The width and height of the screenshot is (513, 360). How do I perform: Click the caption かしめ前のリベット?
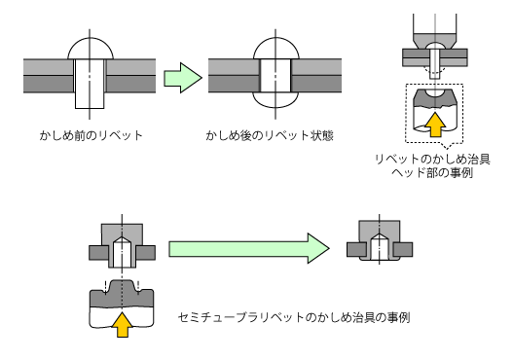(92, 135)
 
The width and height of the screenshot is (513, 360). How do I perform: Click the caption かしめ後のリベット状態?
(270, 135)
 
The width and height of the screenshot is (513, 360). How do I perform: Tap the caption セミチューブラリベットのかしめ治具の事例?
(294, 317)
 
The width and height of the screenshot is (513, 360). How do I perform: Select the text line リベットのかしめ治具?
(432, 160)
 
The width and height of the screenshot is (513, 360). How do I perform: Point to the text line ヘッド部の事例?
(432, 172)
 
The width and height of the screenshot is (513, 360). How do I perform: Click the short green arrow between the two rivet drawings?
(183, 78)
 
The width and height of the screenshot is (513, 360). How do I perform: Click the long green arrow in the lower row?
(249, 248)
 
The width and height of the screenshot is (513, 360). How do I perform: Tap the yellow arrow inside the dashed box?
(435, 125)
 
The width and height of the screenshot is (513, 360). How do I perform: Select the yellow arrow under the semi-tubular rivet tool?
(122, 324)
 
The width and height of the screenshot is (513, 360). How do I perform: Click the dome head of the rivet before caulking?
(91, 49)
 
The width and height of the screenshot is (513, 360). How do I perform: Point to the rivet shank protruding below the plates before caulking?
(90, 101)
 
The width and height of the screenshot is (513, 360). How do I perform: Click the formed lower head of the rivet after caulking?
(275, 99)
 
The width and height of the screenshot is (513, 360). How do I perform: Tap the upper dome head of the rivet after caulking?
(276, 49)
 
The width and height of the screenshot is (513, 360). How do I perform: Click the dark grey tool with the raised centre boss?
(122, 294)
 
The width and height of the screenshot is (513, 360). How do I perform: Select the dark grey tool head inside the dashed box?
(434, 97)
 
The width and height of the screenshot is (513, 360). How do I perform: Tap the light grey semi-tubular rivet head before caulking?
(122, 234)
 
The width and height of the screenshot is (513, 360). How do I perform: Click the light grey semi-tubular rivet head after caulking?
(380, 232)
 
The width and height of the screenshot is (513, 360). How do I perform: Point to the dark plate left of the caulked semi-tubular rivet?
(356, 249)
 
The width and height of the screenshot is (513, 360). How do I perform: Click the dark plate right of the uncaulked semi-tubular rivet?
(146, 253)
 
